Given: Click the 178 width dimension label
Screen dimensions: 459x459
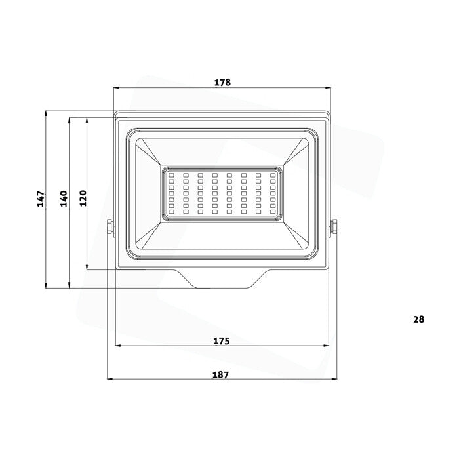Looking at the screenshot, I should (223, 83).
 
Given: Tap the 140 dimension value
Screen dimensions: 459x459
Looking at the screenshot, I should (63, 198).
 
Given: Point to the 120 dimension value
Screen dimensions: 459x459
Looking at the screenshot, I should (83, 198).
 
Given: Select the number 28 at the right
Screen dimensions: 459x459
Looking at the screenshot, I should (419, 319).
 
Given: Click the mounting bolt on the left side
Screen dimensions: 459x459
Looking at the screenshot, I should (110, 226).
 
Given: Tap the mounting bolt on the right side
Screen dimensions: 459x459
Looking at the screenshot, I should (335, 226).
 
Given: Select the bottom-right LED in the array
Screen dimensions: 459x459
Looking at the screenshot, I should (273, 212).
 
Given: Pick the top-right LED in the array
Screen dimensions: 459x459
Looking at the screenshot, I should (273, 175).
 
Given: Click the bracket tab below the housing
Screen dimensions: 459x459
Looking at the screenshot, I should (222, 280).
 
